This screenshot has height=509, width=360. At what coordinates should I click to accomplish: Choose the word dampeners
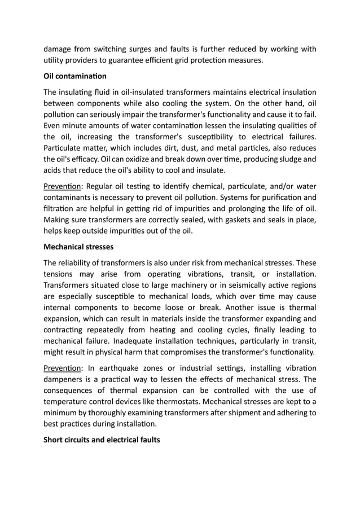click(64, 380)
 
